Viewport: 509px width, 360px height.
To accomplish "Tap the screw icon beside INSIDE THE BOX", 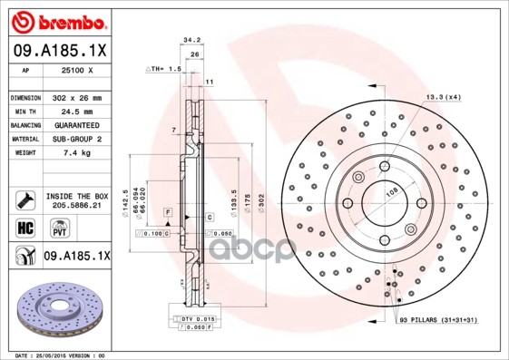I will [x=24, y=199].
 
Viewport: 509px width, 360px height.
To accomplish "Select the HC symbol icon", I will [x=23, y=228].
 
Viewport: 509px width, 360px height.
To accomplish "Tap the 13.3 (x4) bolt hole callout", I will [x=443, y=97].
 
